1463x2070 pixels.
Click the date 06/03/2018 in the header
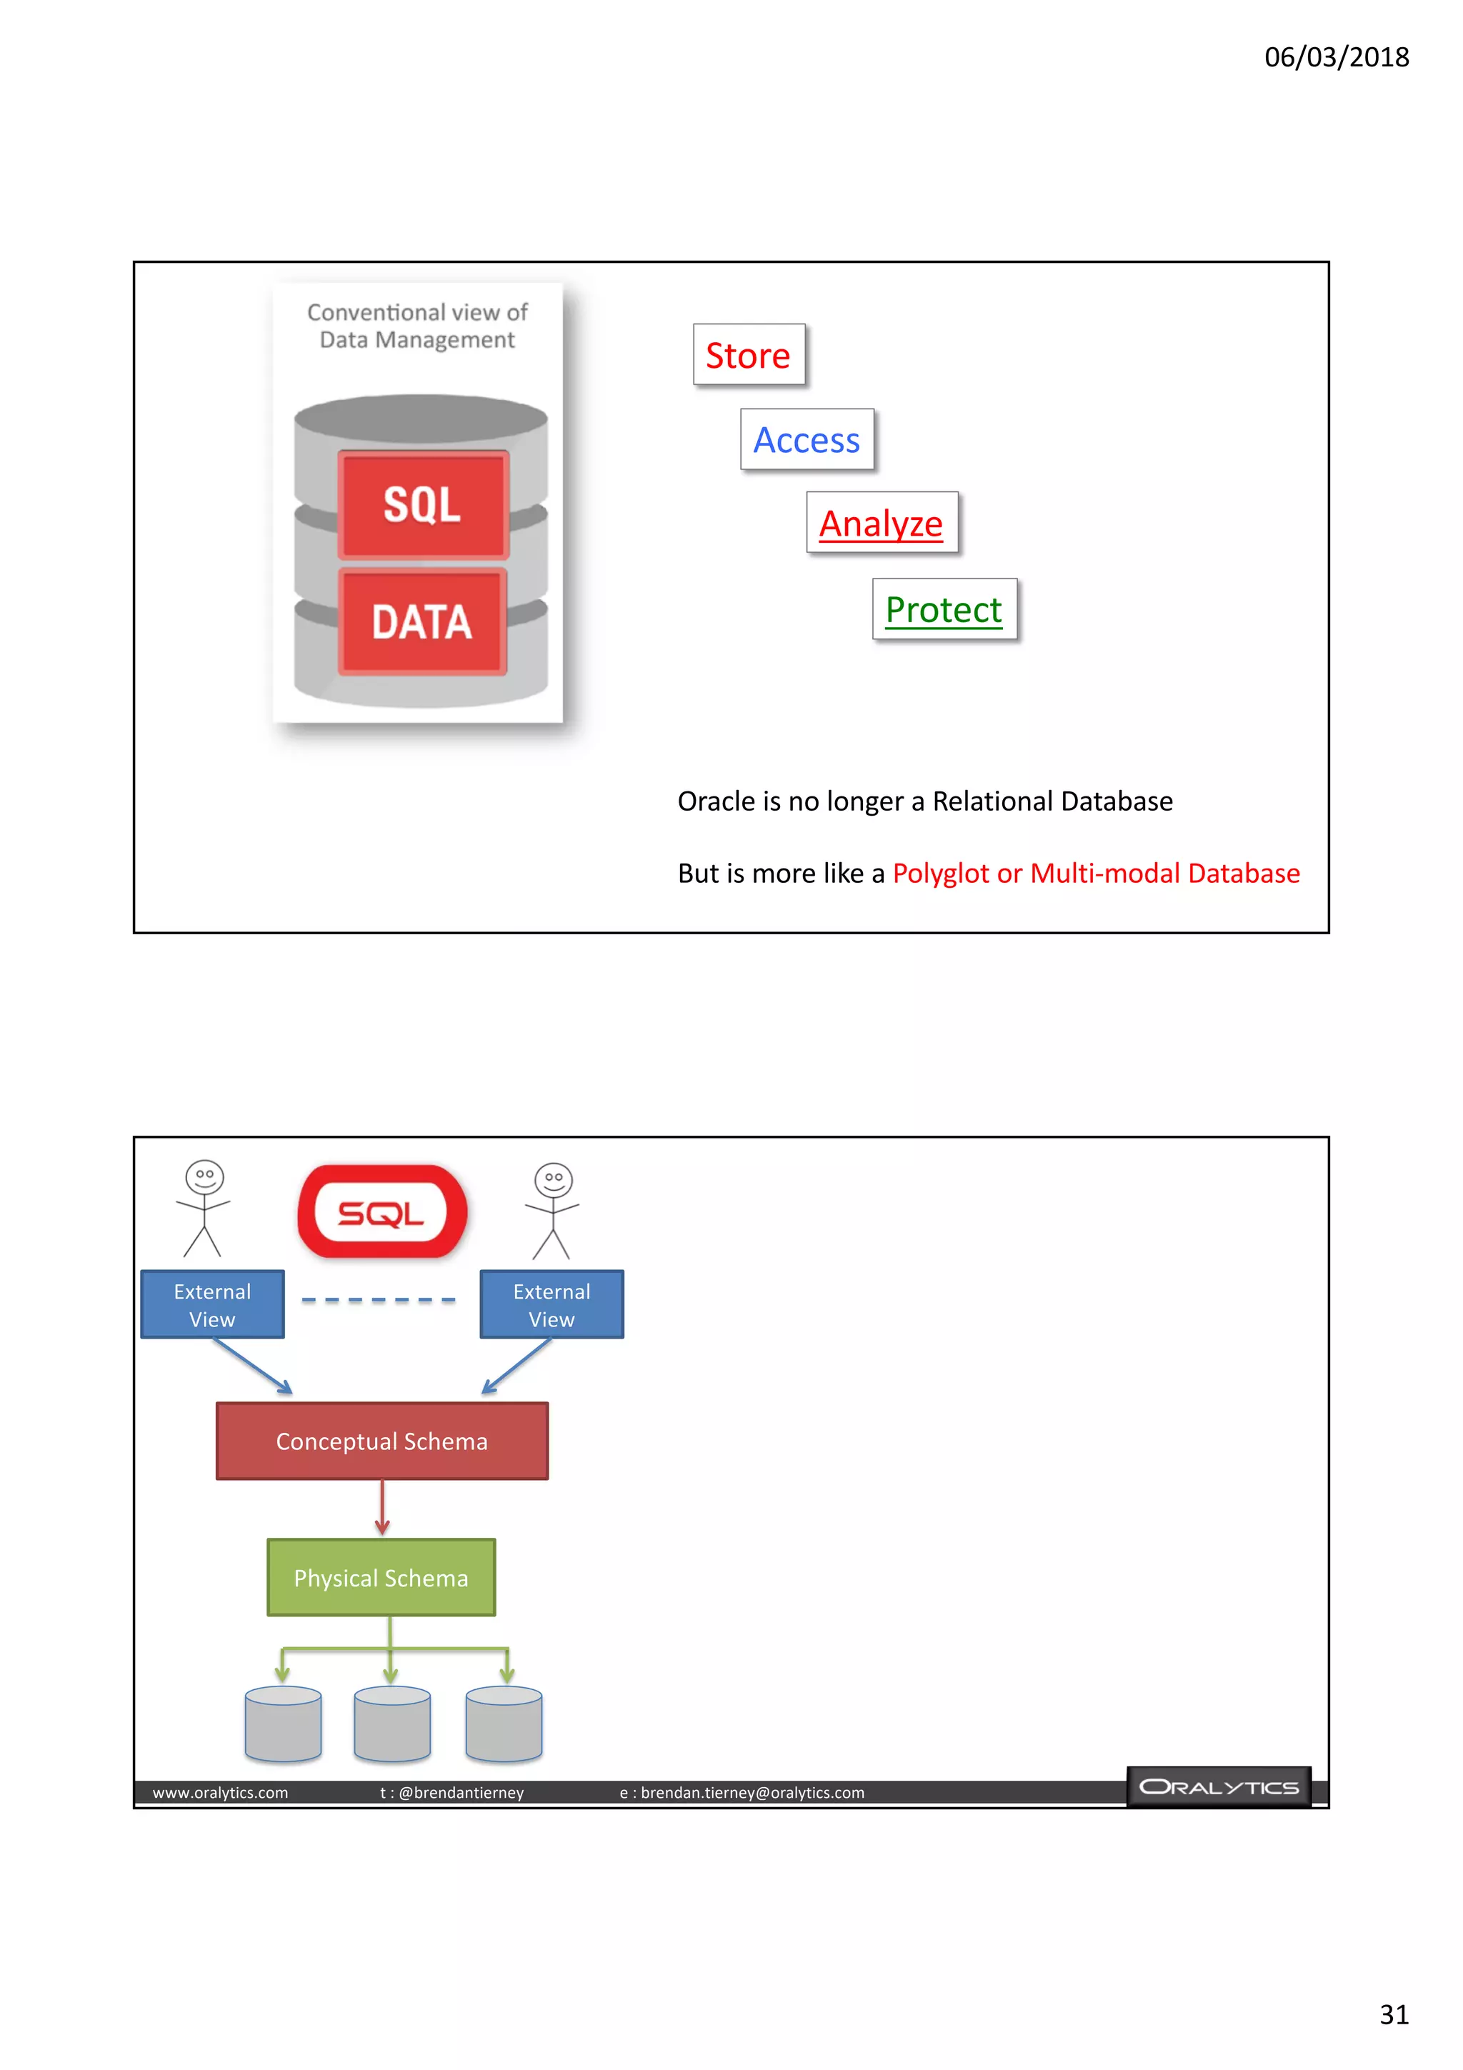tap(1336, 57)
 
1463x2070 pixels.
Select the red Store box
tap(748, 355)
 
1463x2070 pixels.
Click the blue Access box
tap(807, 440)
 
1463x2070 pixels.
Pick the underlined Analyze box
tap(881, 523)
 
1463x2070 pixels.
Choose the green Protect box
tap(944, 609)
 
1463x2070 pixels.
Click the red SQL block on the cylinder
tap(423, 505)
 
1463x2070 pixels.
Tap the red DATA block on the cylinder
tap(422, 622)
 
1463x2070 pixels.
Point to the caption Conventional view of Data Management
tap(417, 326)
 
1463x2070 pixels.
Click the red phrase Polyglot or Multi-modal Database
tap(1095, 873)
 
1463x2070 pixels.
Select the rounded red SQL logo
tap(382, 1211)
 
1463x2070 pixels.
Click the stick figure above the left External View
tap(204, 1207)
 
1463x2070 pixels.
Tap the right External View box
tap(551, 1304)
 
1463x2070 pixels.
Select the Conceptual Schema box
tap(382, 1441)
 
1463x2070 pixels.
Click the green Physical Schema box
tap(381, 1578)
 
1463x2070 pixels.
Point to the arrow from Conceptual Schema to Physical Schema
tap(382, 1507)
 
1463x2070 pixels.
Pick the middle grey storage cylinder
tap(392, 1724)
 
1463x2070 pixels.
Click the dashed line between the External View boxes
tap(379, 1300)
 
